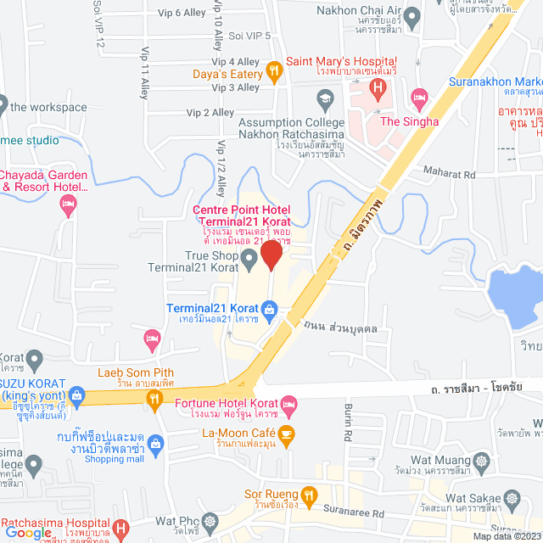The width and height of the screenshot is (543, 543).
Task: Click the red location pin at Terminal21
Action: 271,255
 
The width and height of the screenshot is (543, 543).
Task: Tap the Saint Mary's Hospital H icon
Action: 378,87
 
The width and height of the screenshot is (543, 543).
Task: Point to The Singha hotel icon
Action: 418,98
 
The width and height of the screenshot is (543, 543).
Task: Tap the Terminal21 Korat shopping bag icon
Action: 269,309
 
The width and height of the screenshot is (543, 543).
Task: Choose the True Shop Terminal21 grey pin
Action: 249,256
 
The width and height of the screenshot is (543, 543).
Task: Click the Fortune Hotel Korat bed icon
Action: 288,402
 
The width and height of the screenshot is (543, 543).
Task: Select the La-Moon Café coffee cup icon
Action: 287,436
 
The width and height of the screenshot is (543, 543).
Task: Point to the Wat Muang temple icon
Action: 483,462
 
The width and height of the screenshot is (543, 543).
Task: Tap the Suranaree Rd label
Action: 355,512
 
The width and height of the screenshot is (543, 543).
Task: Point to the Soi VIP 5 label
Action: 249,36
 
